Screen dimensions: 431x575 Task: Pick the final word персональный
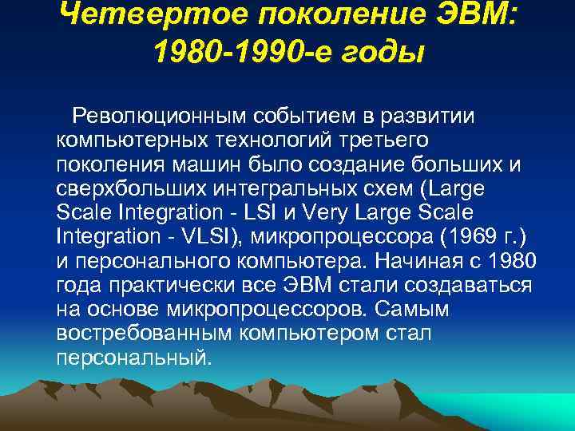(x=134, y=357)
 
